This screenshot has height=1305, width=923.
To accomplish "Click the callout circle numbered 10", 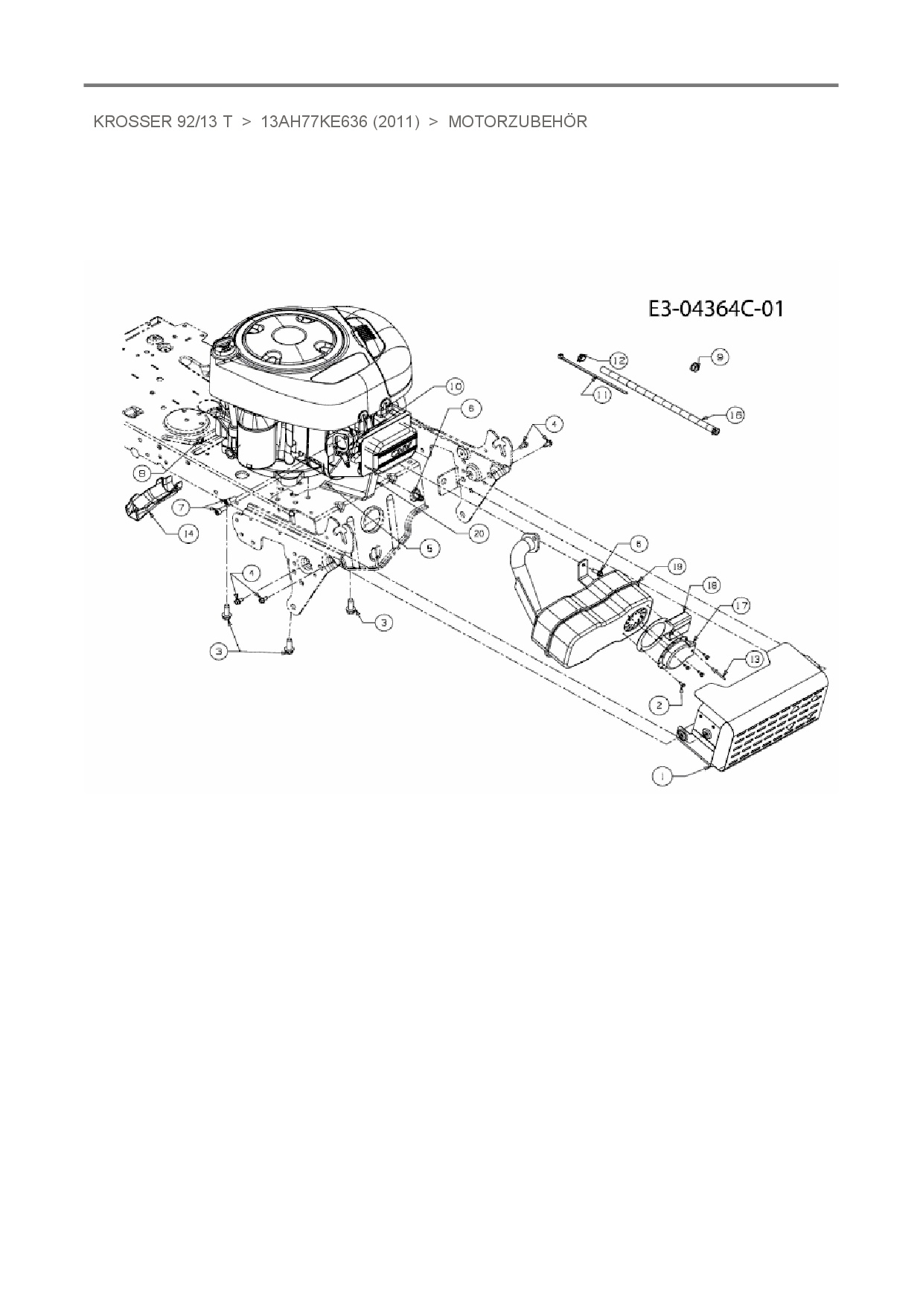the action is (x=454, y=386).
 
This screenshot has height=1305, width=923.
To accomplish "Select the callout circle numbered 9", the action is (x=719, y=357).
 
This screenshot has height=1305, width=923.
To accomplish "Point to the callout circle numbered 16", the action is (x=735, y=415).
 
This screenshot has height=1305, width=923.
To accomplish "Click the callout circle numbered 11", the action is (x=601, y=397).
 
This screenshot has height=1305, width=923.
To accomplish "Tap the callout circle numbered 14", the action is (x=188, y=533).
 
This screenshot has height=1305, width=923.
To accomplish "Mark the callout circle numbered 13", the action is (x=754, y=658).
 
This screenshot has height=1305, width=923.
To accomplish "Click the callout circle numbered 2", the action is (x=658, y=704).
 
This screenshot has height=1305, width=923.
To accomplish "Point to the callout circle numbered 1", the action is (x=660, y=776).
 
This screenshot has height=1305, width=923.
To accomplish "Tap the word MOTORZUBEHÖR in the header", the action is (x=517, y=122).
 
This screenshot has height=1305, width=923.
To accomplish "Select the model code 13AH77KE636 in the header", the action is (x=314, y=122).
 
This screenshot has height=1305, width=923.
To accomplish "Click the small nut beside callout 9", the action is (x=694, y=366).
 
